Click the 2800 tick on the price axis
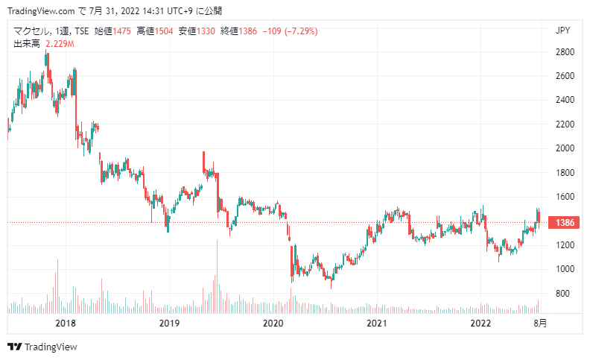[x=565, y=52]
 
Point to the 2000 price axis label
[x=565, y=148]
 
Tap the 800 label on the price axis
[x=562, y=294]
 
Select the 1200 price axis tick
[x=565, y=245]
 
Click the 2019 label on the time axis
[x=169, y=323]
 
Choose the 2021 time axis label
[x=377, y=323]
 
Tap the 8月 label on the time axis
[x=540, y=323]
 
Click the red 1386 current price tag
[x=565, y=223]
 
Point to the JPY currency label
[x=563, y=31]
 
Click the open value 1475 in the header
[x=121, y=31]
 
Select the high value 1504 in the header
[x=164, y=31]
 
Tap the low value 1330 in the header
[x=206, y=31]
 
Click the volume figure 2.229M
[x=60, y=44]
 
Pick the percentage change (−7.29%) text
[x=301, y=31]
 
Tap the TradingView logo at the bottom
[x=42, y=347]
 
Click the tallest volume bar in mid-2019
[x=217, y=277]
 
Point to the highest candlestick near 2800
[x=45, y=57]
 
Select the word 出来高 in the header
[x=27, y=44]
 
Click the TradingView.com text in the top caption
[x=41, y=11]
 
